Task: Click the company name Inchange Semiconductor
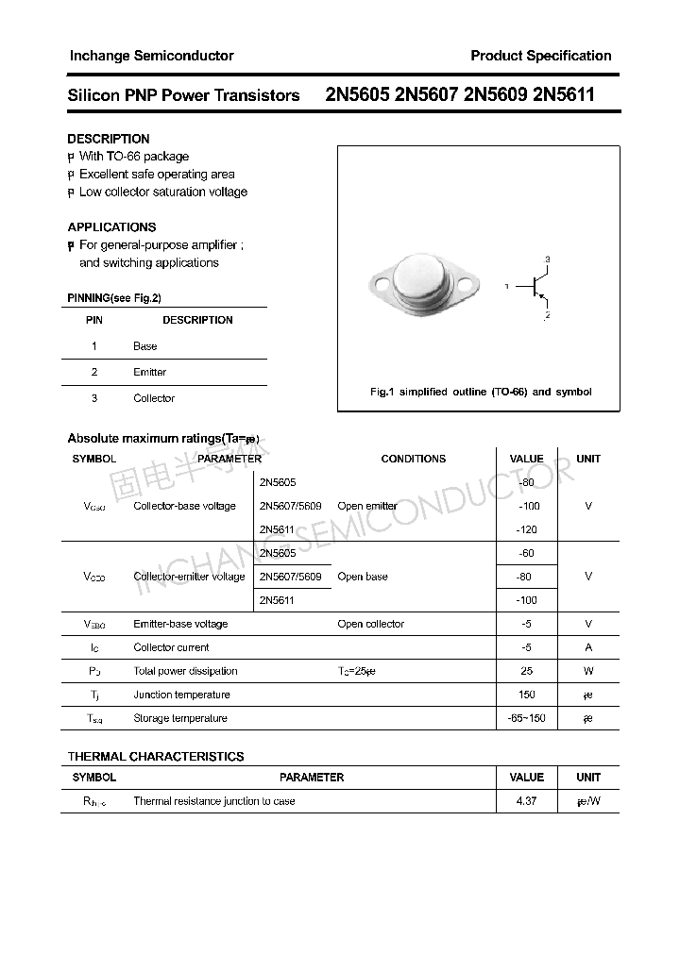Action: coord(151,56)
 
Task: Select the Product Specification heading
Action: coord(540,56)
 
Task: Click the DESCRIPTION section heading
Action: coord(109,139)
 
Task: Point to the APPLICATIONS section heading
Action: coord(111,227)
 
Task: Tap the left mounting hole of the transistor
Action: coord(381,281)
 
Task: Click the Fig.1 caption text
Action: coord(480,392)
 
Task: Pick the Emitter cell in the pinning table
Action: coord(149,373)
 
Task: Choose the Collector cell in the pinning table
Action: coord(154,398)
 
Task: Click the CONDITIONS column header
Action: coord(413,459)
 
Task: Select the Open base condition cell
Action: coord(363,577)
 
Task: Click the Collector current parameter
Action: coord(171,647)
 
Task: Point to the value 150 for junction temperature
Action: coord(526,695)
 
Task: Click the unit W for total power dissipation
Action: coord(588,671)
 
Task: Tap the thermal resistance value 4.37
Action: coord(526,801)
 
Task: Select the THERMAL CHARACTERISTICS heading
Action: coord(156,757)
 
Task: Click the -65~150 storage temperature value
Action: coord(526,718)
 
